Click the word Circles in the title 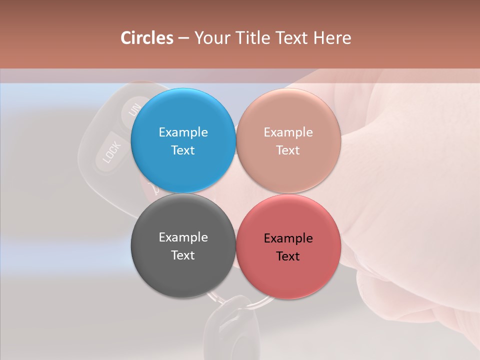(147, 38)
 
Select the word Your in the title (212, 38)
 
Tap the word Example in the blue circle (183, 132)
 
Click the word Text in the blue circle (183, 150)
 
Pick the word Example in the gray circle (183, 237)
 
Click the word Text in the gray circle (183, 255)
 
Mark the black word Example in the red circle (288, 238)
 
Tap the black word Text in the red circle (288, 256)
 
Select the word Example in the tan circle (288, 132)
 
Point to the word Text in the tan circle (288, 150)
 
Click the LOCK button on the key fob (110, 153)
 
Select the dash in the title (183, 38)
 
